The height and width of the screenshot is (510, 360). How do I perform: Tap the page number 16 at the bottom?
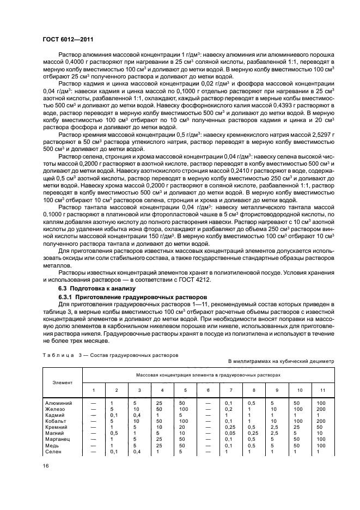[46, 466]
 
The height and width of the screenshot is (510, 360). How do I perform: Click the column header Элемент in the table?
[62, 382]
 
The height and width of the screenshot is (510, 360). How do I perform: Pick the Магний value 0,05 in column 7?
[229, 433]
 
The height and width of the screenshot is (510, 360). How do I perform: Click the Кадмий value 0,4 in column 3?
[139, 415]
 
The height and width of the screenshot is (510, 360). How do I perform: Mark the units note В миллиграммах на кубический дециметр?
[280, 361]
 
